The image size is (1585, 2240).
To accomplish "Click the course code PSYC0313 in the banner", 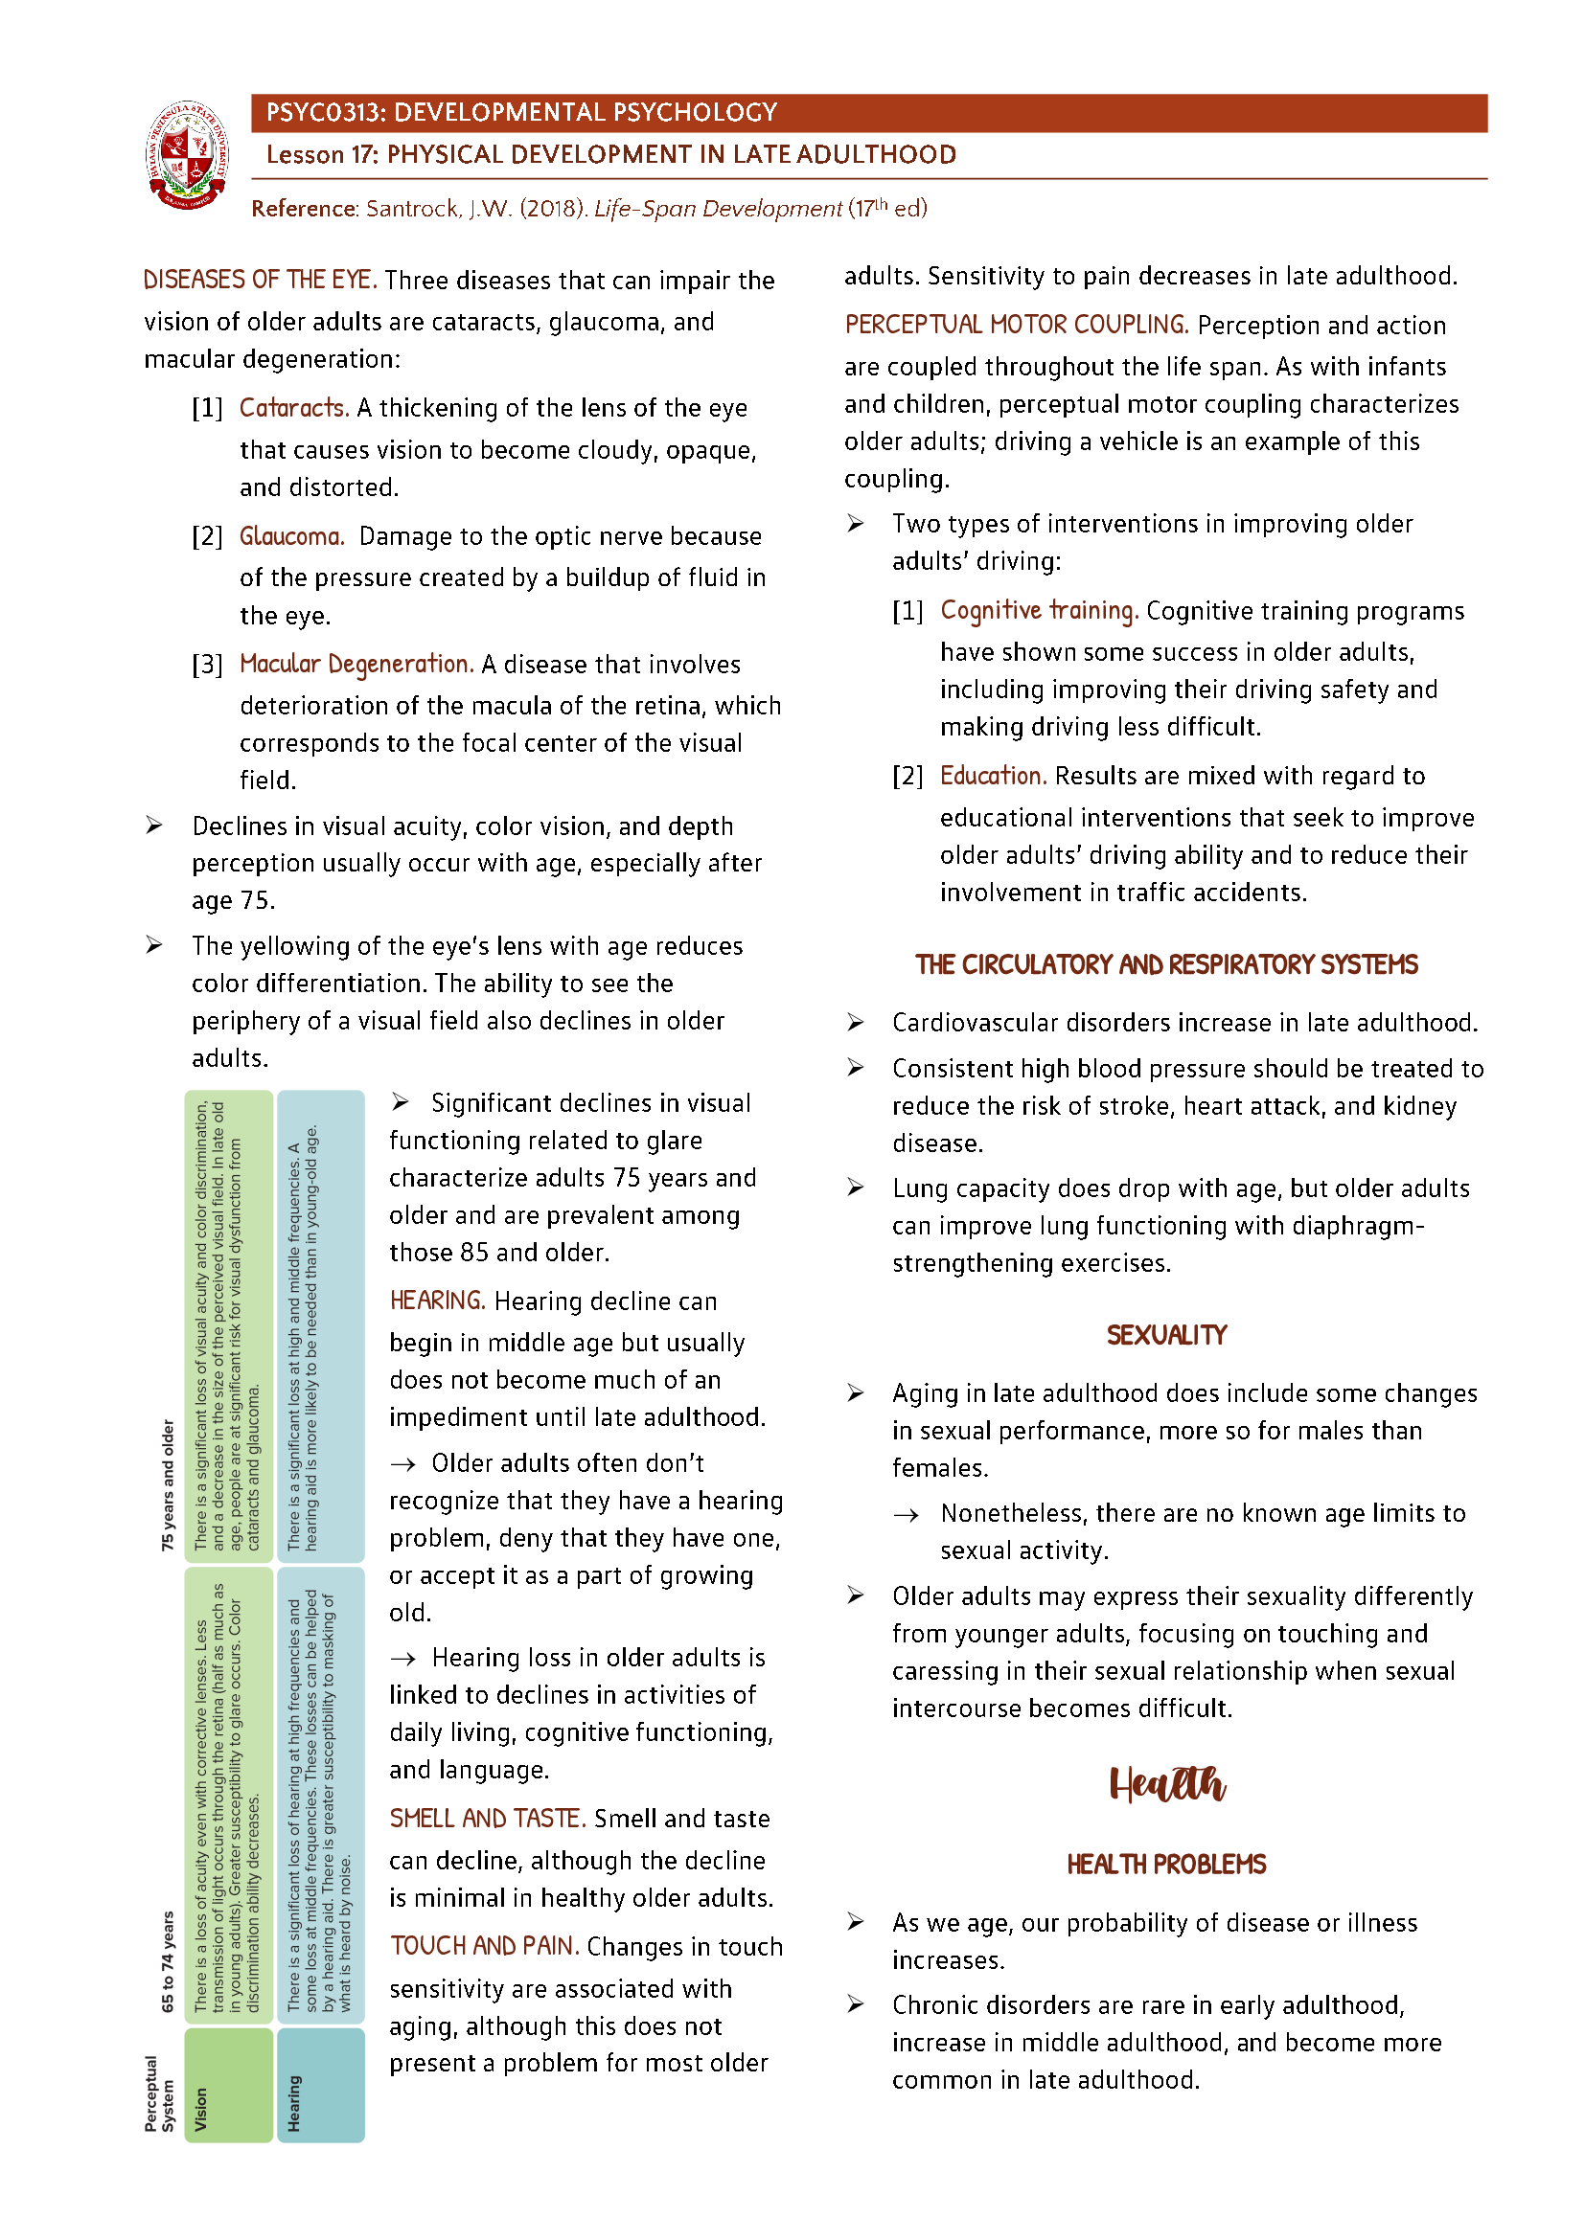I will [x=324, y=113].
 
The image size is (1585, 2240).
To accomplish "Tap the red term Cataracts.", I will [x=294, y=408].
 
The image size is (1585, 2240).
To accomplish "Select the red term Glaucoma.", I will [x=291, y=536].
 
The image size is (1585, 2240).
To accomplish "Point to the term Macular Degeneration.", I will [x=356, y=665].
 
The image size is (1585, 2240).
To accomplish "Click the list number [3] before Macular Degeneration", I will [x=207, y=666].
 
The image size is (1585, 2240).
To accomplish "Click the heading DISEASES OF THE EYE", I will [x=260, y=280].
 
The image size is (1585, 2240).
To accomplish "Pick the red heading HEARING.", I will [x=436, y=1301].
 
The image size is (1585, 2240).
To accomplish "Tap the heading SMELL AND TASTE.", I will [x=487, y=1820].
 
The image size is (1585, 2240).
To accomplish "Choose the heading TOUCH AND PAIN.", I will [x=485, y=1947].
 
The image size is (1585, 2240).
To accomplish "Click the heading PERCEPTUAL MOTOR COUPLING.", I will [x=1016, y=325].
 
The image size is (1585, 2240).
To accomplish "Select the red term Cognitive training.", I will [x=1039, y=611].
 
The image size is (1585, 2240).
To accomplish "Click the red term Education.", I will [x=993, y=777].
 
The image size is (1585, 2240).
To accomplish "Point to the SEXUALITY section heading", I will [x=1166, y=1336].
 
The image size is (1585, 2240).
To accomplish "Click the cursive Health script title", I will [x=1166, y=1784].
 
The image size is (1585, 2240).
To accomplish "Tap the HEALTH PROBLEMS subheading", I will [x=1166, y=1866].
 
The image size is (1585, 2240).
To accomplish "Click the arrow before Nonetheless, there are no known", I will [x=906, y=1515].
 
